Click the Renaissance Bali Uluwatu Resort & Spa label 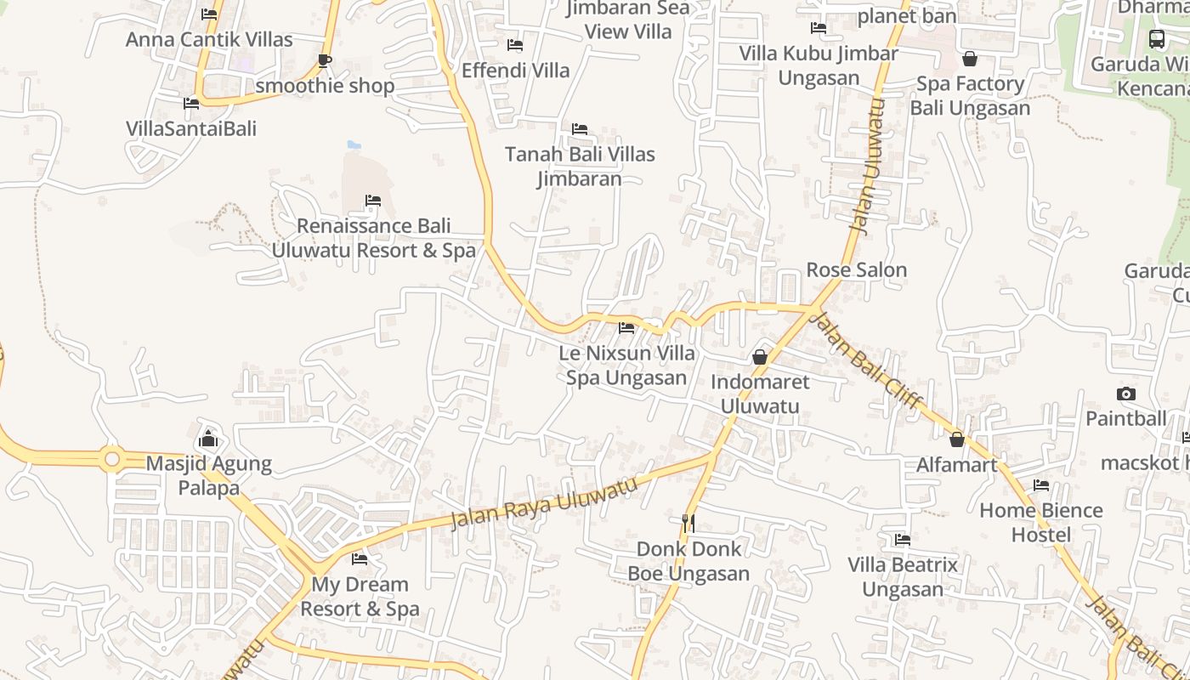[x=374, y=238]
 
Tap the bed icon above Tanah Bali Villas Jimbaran [x=580, y=129]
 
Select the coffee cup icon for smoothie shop [x=324, y=59]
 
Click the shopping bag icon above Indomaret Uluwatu [x=760, y=357]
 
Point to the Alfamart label [x=956, y=465]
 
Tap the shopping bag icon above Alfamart [x=957, y=439]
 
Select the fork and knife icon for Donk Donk [x=688, y=523]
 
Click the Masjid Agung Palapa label [x=209, y=476]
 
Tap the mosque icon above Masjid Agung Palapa [x=208, y=439]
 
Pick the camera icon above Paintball [x=1126, y=394]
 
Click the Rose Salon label [x=856, y=270]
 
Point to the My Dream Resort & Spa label [x=360, y=597]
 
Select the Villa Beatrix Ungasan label [x=903, y=576]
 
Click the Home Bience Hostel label [x=1041, y=522]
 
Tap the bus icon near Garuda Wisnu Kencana [x=1157, y=38]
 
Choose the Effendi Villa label [x=515, y=71]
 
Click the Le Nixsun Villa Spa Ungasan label [x=627, y=365]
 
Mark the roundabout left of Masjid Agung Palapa [x=111, y=459]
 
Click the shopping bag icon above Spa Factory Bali [x=969, y=59]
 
